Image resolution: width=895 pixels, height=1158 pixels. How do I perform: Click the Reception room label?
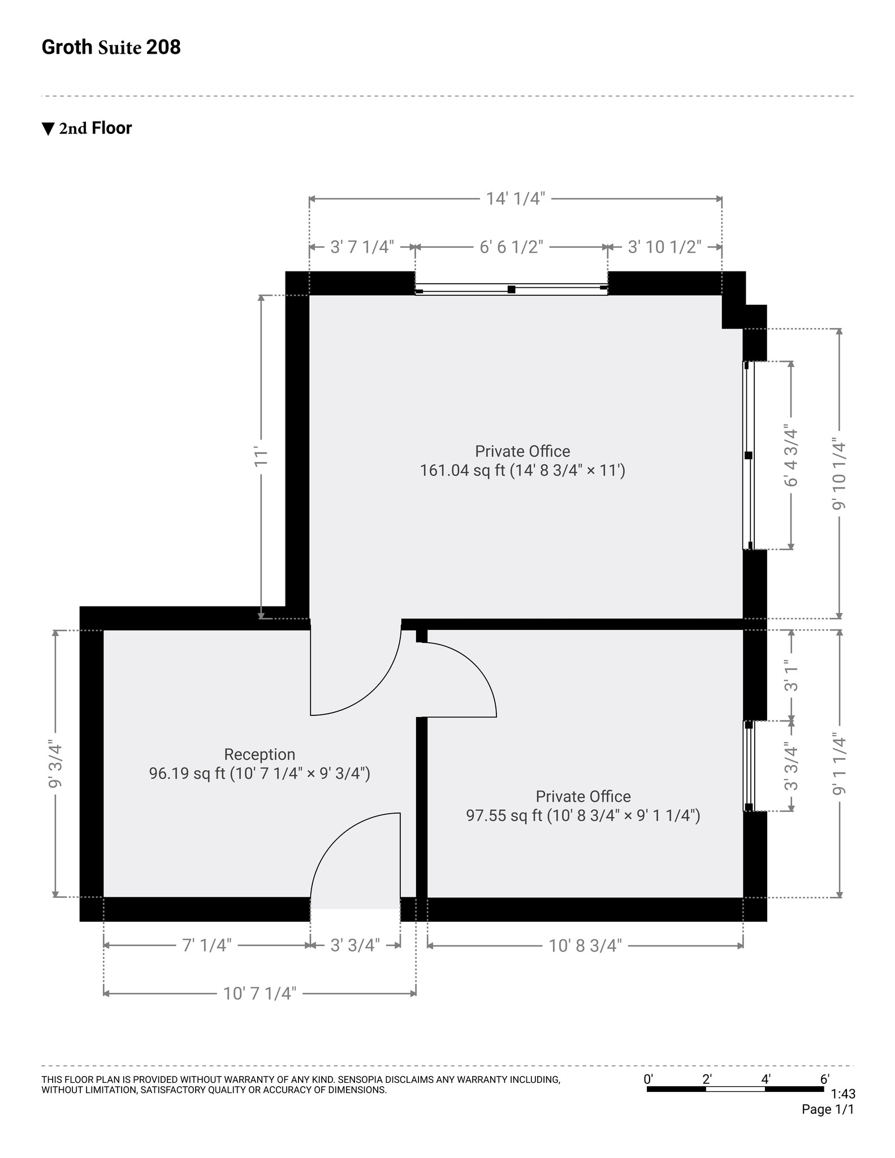pos(260,754)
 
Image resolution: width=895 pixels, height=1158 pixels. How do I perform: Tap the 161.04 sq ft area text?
pos(522,470)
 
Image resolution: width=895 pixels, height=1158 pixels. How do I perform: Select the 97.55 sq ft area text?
pos(582,815)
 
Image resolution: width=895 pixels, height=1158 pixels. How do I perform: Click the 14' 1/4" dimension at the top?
pos(515,198)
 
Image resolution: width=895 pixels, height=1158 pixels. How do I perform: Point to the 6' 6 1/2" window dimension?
pos(511,247)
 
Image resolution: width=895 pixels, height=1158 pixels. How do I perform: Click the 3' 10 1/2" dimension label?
pos(664,247)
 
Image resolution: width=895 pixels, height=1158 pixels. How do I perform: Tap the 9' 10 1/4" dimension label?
pos(840,474)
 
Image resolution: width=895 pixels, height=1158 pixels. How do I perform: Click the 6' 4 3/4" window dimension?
pos(791,456)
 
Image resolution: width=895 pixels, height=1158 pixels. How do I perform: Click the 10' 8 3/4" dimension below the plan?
pos(585,945)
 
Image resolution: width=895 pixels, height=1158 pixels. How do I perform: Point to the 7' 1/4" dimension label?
pos(207,945)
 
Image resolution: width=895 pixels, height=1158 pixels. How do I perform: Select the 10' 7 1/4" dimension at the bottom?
pos(260,993)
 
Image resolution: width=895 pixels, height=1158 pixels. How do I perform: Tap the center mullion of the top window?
pos(511,289)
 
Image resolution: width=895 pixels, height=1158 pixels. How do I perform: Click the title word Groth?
pos(67,47)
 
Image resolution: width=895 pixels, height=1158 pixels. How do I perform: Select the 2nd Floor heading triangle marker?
pos(48,129)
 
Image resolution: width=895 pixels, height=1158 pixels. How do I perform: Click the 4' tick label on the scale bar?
pos(766,1079)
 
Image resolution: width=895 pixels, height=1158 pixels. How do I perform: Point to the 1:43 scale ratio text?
pos(843,1094)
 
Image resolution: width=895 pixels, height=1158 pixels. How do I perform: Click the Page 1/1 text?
pos(827,1109)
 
